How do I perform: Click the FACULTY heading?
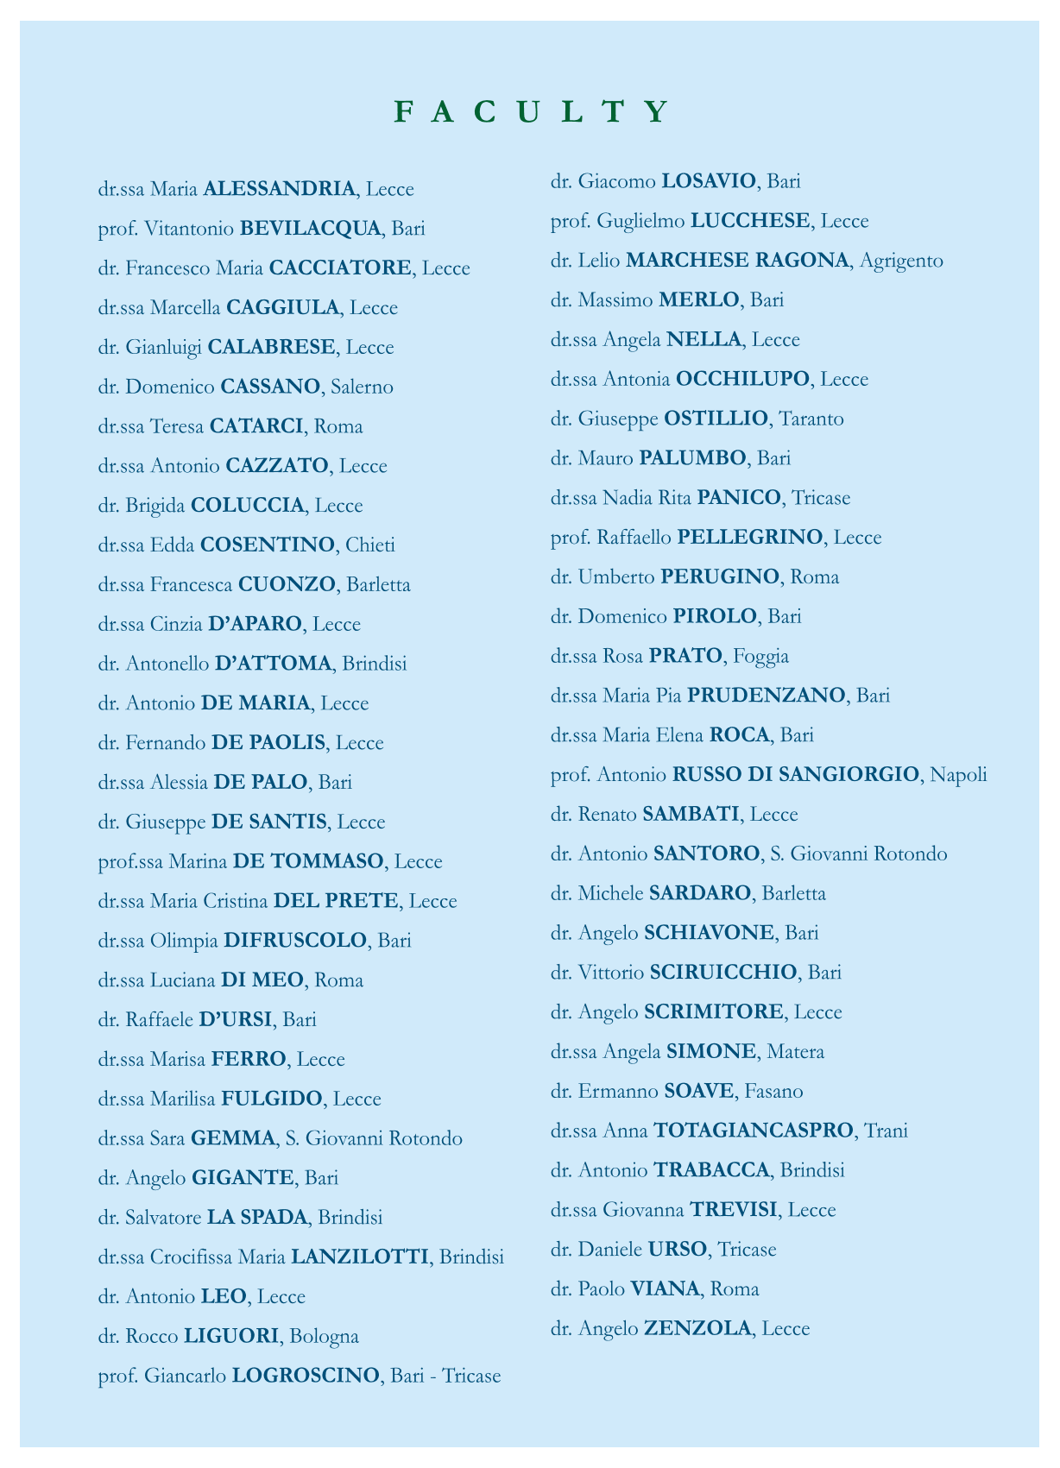530,112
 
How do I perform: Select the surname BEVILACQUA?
311,229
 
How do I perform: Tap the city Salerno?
362,387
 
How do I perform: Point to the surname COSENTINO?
267,545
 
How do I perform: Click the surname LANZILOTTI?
360,1257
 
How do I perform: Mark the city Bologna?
325,1337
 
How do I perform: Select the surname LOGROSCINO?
306,1376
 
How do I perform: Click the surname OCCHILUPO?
742,379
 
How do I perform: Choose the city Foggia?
760,656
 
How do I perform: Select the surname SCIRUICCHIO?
723,973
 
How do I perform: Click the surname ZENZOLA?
698,1329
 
